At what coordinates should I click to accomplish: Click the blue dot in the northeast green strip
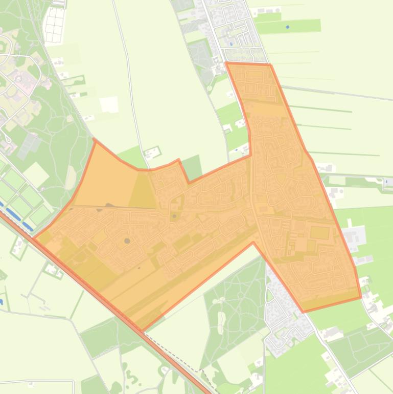coord(288,27)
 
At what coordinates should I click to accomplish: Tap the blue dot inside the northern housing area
coord(232,44)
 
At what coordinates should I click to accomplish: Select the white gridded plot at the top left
coord(55,23)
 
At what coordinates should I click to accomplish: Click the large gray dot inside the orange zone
coord(127,240)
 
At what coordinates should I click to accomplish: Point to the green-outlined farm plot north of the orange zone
coord(152,152)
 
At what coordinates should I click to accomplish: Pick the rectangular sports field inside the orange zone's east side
coord(320,233)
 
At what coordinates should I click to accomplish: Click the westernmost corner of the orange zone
coord(34,237)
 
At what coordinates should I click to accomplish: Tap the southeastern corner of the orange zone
coord(361,297)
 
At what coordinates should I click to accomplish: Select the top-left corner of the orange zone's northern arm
coord(226,63)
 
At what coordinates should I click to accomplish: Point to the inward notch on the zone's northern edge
coord(189,182)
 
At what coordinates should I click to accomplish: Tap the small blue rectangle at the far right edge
coord(388,182)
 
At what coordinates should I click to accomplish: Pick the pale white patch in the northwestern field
coord(109,104)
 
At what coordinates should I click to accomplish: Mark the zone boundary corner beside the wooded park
coord(253,243)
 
